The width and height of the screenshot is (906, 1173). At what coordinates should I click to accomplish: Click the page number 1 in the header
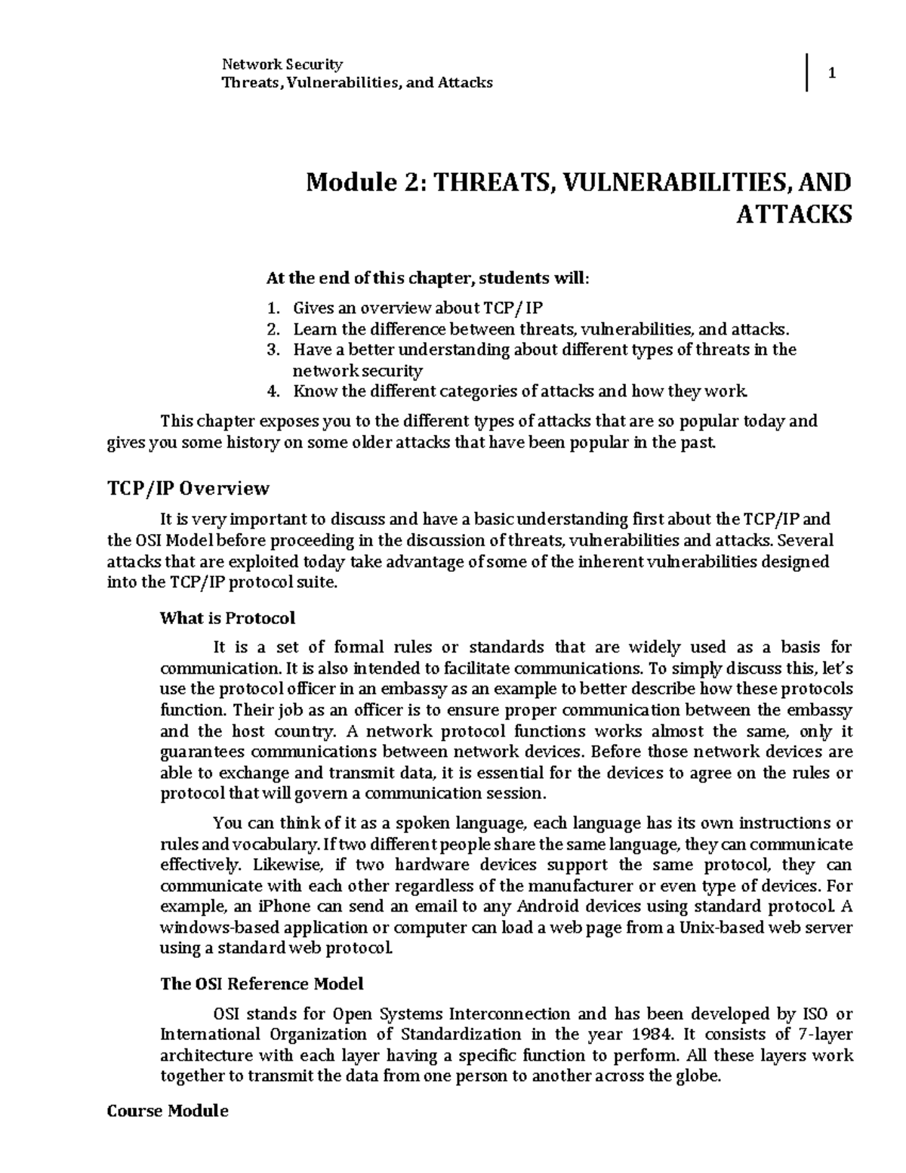(832, 73)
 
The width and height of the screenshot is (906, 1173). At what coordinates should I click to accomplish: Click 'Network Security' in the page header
(282, 63)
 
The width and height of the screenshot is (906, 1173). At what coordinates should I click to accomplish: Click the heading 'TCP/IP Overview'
(188, 489)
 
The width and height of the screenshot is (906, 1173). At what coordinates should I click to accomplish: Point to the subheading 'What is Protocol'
(227, 618)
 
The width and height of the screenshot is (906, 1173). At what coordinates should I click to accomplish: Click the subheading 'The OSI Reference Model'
(262, 984)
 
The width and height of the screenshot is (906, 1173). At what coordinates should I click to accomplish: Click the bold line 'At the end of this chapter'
(427, 278)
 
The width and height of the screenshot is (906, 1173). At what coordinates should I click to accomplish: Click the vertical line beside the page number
(807, 73)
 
